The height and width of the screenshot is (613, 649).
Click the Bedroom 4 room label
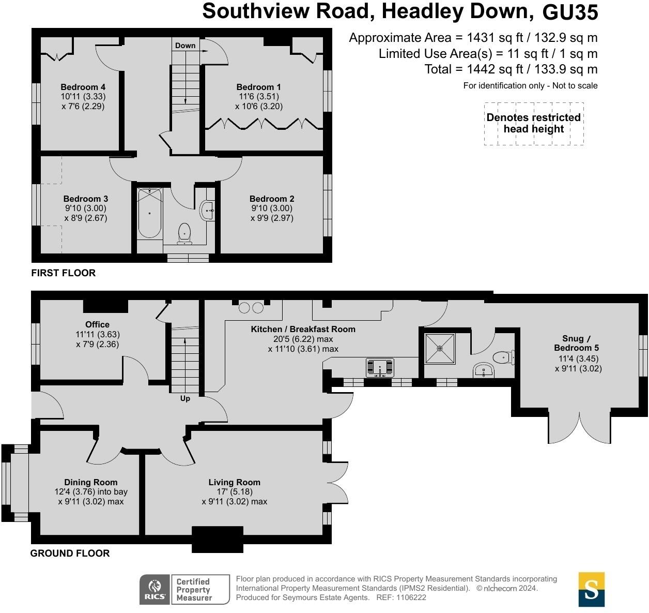(83, 87)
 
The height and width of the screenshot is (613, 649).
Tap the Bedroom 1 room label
(258, 87)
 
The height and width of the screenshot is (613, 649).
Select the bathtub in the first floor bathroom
(150, 213)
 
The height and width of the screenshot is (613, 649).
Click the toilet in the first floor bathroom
(184, 233)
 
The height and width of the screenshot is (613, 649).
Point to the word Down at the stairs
(185, 46)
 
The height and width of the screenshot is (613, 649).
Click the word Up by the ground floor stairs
(185, 398)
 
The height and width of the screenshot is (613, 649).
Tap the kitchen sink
(380, 367)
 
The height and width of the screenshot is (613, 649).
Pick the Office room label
(97, 324)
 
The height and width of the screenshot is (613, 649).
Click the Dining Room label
(91, 482)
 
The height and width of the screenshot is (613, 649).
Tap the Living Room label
(234, 482)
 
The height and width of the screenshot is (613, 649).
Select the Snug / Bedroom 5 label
(577, 343)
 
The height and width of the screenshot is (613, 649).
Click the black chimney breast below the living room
(218, 539)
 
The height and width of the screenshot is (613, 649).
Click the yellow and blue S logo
(591, 589)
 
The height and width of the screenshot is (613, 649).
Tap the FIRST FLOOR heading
(64, 273)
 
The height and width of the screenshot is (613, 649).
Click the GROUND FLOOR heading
(70, 553)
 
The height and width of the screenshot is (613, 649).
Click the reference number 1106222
(411, 597)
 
